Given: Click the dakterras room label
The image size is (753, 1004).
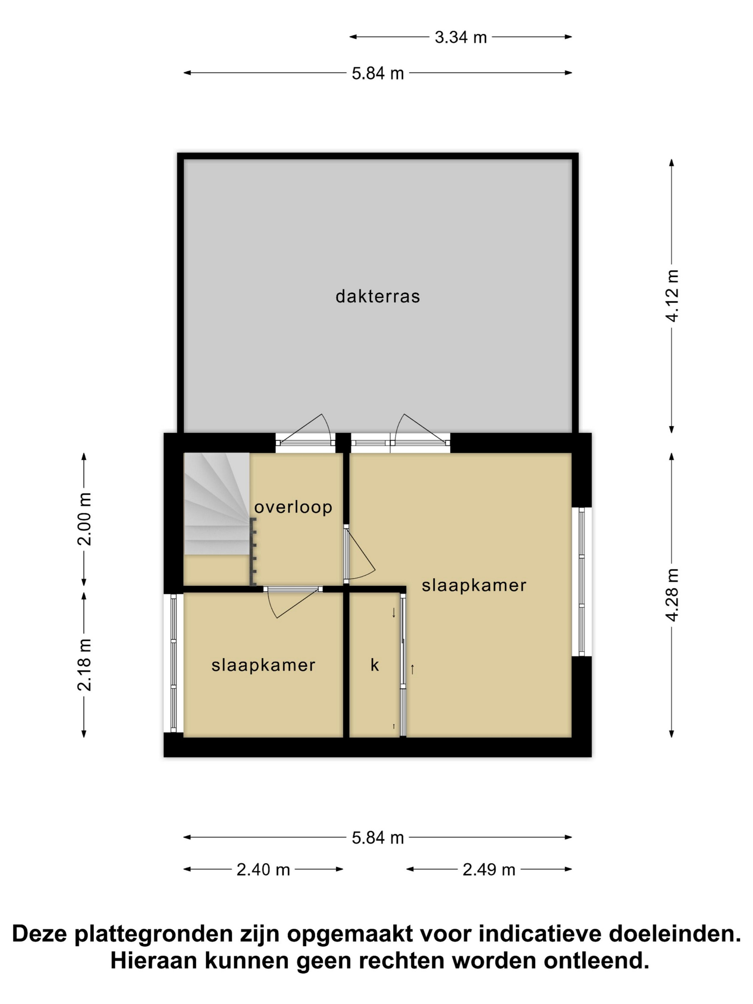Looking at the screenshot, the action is coord(377,297).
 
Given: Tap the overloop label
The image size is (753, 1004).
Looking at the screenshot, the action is coord(293,507).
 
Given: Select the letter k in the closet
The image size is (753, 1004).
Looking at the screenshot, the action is coord(374,665).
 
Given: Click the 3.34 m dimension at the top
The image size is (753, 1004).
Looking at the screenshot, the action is coord(460,37).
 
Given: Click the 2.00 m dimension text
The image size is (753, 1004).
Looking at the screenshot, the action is coord(84,519).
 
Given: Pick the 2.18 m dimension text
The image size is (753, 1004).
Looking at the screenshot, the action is coord(84,664).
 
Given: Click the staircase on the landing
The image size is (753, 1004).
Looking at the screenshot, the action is coord(217,503).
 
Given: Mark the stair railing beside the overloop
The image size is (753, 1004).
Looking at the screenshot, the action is coord(253,552).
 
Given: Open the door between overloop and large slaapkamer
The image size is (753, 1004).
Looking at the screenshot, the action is coord(359,554).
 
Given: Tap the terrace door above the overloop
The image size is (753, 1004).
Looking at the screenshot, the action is coord(305,431).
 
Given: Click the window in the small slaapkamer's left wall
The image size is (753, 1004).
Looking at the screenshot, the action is coord(174,663).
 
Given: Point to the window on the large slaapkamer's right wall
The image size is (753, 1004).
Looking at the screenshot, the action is coord(582,582).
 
